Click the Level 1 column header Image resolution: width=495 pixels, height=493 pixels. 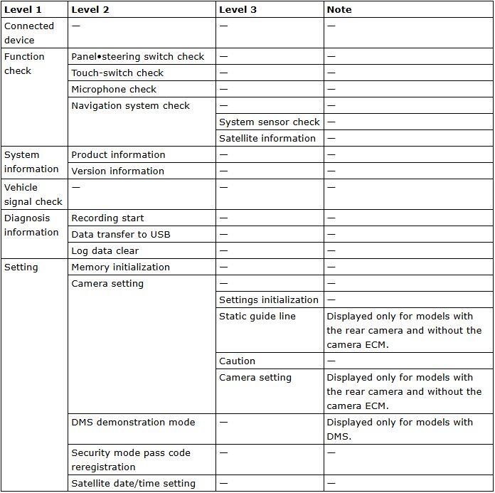click(23, 10)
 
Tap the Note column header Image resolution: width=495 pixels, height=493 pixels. click(339, 10)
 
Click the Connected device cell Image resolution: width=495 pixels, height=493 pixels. click(29, 33)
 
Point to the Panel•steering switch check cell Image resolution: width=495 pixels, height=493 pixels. click(138, 57)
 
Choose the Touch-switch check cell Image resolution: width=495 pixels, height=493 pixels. click(117, 73)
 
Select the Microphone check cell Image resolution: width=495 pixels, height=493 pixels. click(114, 90)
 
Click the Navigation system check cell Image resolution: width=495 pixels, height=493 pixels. click(131, 106)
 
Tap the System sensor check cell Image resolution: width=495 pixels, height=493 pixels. click(270, 122)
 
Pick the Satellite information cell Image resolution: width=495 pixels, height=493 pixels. click(267, 139)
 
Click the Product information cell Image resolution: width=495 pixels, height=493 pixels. click(118, 155)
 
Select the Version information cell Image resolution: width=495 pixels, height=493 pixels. click(118, 171)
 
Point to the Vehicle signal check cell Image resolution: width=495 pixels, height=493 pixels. click(33, 194)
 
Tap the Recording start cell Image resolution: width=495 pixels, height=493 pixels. click(107, 218)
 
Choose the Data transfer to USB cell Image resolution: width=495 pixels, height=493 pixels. click(121, 235)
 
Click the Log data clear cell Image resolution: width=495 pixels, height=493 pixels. click(105, 251)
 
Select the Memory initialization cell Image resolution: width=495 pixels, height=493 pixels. click(121, 267)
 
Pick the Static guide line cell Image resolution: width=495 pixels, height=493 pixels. click(257, 317)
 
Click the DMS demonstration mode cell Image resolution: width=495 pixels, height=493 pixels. click(133, 423)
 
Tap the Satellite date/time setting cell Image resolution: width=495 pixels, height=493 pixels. click(134, 484)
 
